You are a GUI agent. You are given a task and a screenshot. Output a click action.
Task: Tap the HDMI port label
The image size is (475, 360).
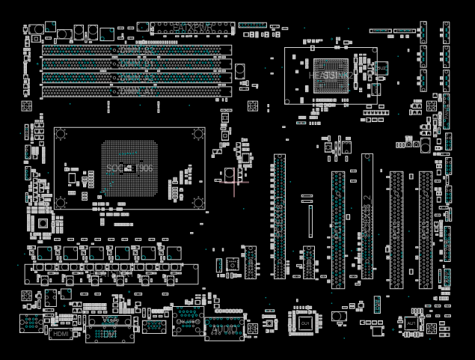coord(61,334)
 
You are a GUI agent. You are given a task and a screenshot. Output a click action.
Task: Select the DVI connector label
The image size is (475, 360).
coord(110,334)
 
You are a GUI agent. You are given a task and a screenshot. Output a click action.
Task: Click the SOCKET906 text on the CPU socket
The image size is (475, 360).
coord(129,168)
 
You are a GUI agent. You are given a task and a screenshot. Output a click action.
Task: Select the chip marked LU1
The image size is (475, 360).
coord(305,322)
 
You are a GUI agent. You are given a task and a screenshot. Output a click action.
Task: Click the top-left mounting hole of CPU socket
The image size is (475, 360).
coord(61,134)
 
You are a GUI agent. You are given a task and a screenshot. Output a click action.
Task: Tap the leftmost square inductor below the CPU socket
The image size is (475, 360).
coord(45,253)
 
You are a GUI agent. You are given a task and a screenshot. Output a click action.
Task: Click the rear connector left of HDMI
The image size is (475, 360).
coord(31,324)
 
